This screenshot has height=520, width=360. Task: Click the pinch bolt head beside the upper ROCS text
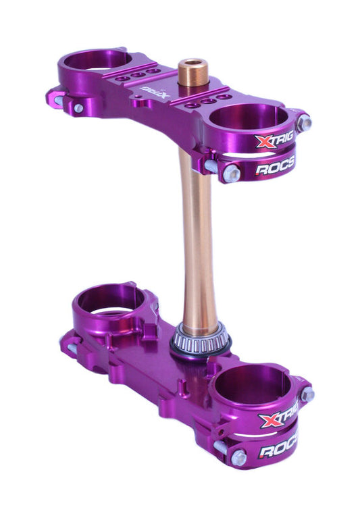(232, 173)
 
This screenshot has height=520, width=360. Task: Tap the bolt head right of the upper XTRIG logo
(304, 123)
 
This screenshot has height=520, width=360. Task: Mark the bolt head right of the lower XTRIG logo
(307, 395)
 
